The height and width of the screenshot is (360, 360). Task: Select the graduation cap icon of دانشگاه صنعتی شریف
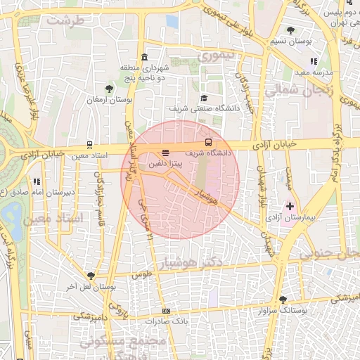point(204,98)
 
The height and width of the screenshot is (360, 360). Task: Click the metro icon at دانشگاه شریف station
point(207,141)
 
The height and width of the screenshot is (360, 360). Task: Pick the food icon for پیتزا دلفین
point(166,152)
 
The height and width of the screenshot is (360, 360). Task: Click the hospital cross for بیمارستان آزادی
point(290,206)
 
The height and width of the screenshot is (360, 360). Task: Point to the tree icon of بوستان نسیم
point(291,30)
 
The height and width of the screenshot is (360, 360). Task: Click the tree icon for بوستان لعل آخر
point(90,276)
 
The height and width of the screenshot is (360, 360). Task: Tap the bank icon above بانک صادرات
point(166,311)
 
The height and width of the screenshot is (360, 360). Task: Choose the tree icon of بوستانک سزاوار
point(283,300)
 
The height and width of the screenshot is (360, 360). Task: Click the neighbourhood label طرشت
point(65,20)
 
